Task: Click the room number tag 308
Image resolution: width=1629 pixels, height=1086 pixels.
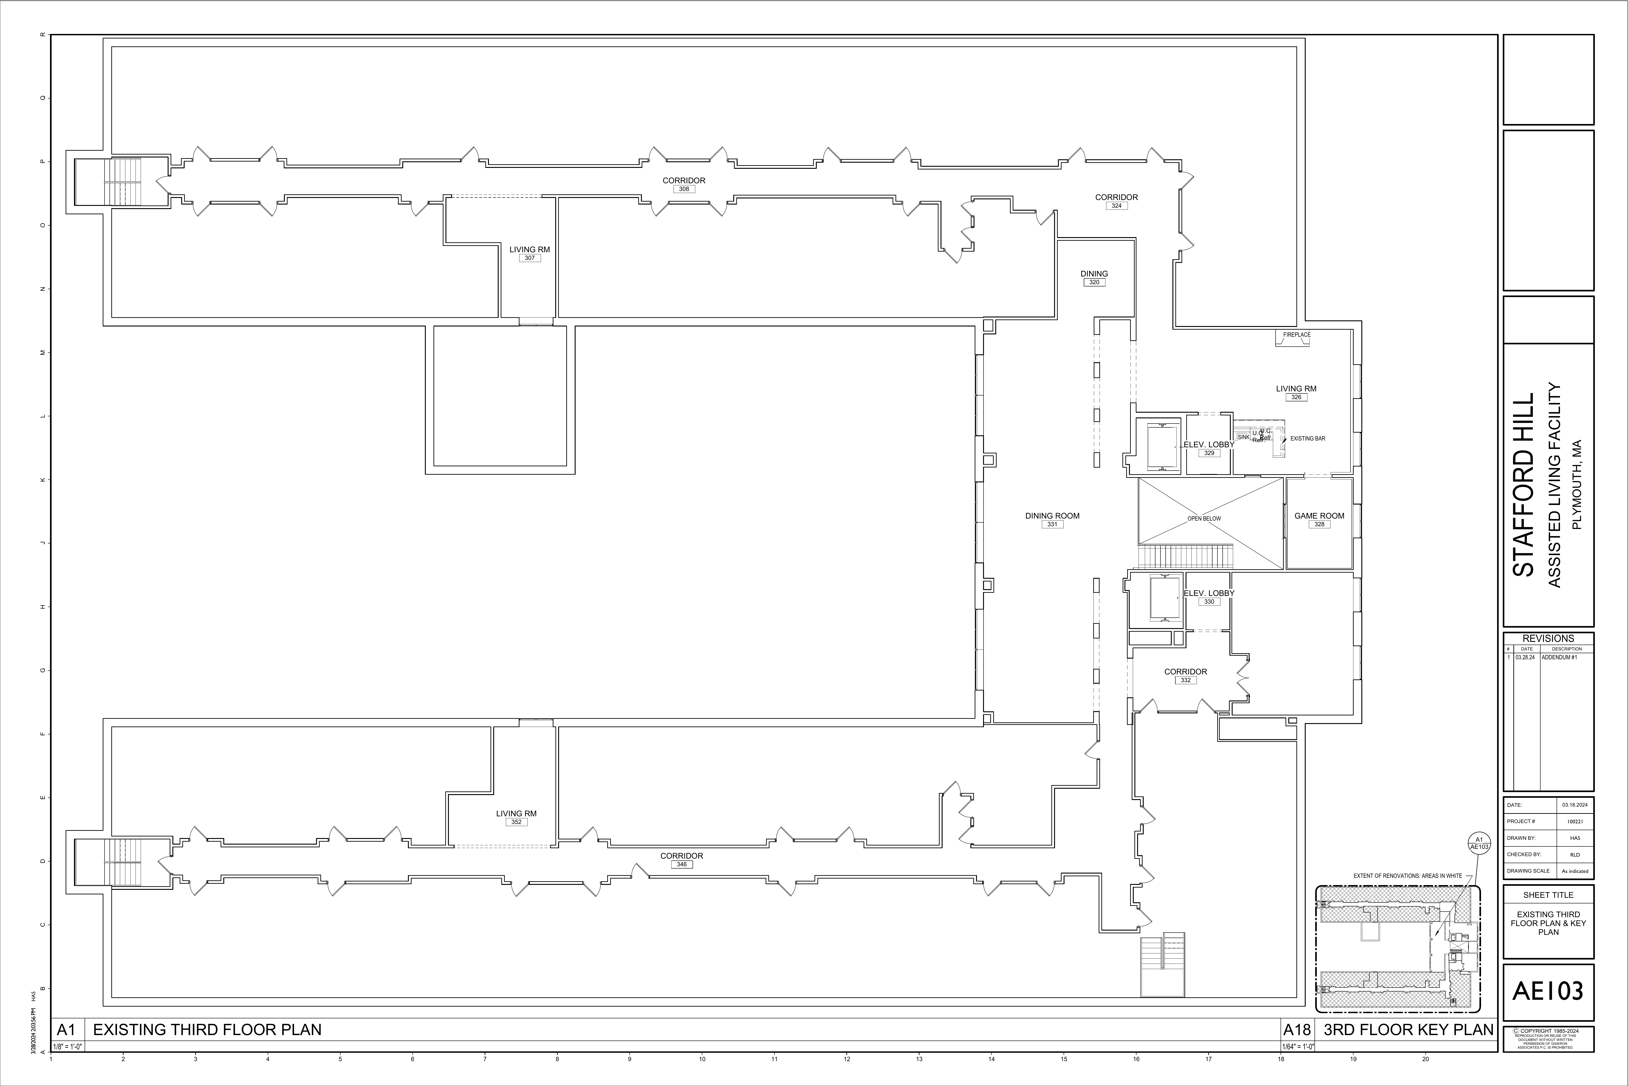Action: tap(684, 189)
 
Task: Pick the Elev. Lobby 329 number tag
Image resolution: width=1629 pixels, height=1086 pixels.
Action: tap(1209, 453)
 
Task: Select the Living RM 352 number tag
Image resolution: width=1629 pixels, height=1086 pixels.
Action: tap(516, 822)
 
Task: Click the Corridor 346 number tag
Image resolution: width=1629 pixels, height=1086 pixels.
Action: tap(681, 864)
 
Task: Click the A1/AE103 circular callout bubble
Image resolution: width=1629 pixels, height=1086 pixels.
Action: tap(1479, 843)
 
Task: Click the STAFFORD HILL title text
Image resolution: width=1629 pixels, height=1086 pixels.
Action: tap(1523, 485)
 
